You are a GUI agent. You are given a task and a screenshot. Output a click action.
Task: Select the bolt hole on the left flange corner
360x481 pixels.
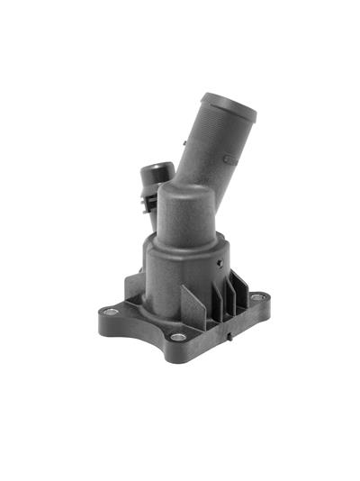pos(111,312)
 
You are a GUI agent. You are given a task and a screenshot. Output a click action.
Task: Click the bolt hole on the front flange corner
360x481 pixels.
pos(178,337)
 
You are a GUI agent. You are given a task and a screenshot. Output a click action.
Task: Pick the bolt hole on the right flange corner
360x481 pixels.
pos(257,296)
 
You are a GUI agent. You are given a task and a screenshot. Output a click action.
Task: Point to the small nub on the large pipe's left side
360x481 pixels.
pos(184,141)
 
